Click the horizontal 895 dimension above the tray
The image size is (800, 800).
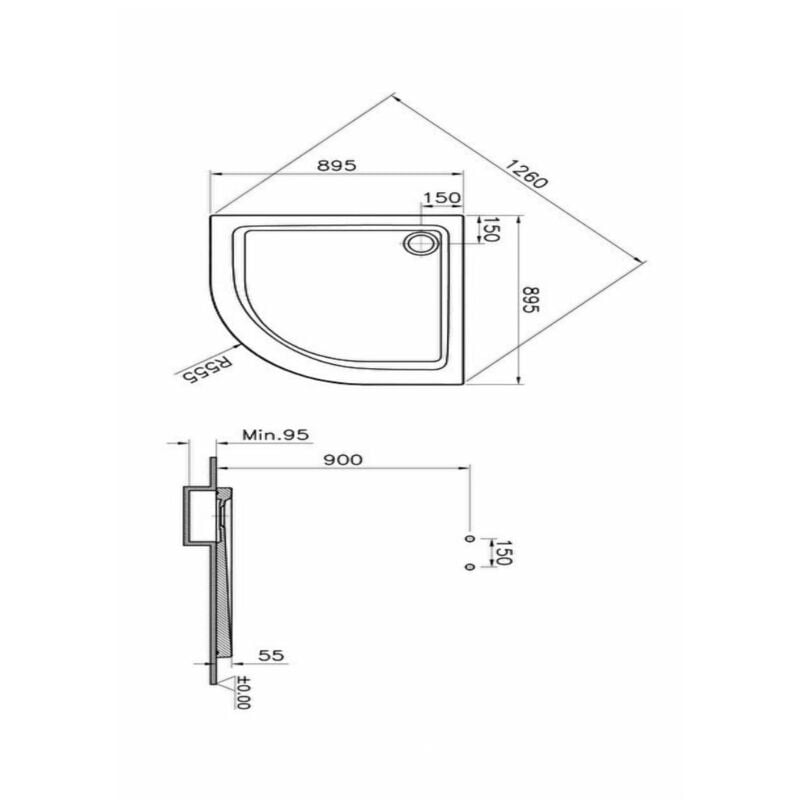point(337,166)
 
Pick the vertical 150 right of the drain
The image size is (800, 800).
point(491,231)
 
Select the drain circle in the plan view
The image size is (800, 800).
point(420,242)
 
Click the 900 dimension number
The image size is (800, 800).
point(341,459)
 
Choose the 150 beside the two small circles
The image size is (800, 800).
point(503,552)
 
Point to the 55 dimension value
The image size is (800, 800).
point(272,655)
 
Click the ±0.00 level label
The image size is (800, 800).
point(243,693)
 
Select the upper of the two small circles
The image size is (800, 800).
point(468,538)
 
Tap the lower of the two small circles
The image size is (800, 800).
point(468,567)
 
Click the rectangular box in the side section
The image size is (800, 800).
point(197,516)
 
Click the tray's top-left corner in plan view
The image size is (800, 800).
point(212,213)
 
